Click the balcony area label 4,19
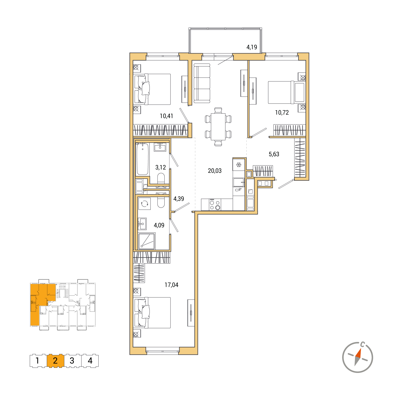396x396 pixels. tap(252, 47)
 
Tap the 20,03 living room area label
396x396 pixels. tap(215, 171)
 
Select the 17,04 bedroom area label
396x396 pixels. tap(171, 285)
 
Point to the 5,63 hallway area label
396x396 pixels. tap(274, 154)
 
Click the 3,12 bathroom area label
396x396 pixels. tap(161, 168)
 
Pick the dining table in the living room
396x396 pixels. tap(218, 127)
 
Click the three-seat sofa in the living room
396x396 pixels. tap(202, 83)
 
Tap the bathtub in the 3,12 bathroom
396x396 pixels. tap(142, 159)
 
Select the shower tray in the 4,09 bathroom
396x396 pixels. tap(146, 241)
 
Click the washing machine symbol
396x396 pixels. tap(144, 204)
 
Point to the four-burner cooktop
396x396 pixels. tap(215, 205)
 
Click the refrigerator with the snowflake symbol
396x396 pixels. tap(238, 164)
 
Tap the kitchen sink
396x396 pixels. tap(238, 182)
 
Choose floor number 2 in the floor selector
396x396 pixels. tap(55, 361)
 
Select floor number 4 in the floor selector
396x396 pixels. tap(90, 361)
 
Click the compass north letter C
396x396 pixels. tap(363, 344)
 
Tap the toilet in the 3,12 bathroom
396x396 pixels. tap(161, 178)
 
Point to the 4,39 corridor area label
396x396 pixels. tap(178, 199)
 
